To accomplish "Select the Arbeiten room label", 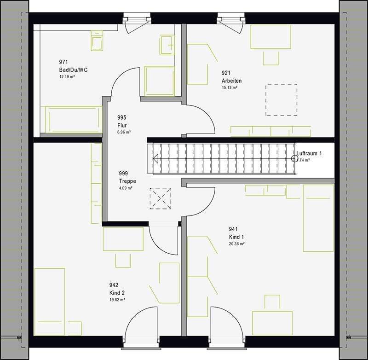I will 231,81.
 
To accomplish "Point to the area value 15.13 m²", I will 229,87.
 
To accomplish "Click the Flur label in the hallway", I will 122,125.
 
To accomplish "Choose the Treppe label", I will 126,181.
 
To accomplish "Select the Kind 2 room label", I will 117,293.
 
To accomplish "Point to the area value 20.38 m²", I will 236,244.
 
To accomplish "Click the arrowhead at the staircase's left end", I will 155,159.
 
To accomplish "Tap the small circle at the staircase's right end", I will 294,159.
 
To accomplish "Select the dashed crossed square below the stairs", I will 161,198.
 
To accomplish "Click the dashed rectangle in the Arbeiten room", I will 281,99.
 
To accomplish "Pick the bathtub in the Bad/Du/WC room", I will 71,119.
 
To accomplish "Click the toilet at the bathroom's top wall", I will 97,40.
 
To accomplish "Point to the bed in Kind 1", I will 318,218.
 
